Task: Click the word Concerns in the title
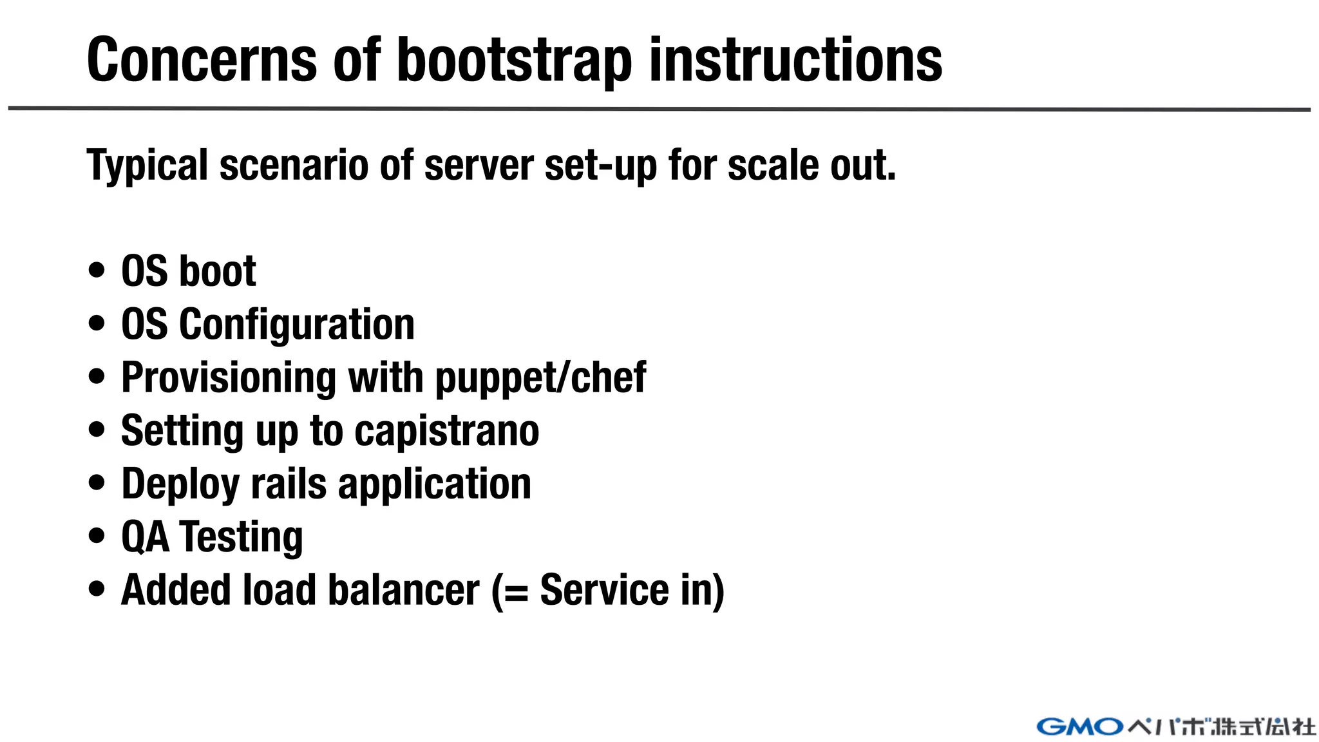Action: point(202,61)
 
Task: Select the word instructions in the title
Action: point(795,61)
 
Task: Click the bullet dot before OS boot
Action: point(97,271)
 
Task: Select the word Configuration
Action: point(297,325)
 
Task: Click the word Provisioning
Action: point(229,378)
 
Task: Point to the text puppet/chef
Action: point(541,378)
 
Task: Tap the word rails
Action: point(289,484)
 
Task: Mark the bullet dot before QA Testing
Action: point(97,536)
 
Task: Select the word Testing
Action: point(241,537)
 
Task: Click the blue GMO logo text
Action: point(1079,727)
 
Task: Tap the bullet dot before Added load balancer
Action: point(97,589)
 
